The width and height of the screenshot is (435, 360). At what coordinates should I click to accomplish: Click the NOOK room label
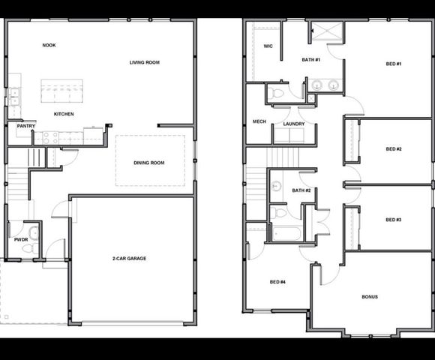[49, 45]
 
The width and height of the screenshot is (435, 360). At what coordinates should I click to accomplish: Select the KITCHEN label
[64, 114]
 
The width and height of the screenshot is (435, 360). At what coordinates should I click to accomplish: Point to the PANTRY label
[26, 126]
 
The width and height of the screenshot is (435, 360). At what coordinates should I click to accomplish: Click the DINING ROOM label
[148, 162]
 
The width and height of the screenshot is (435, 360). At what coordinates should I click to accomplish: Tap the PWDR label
[20, 239]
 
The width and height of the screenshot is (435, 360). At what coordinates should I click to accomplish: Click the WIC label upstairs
[268, 46]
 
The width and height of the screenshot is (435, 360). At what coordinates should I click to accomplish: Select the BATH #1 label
[311, 59]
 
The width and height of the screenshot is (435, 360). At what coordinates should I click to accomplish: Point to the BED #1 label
[394, 64]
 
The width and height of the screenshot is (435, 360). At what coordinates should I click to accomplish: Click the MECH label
[259, 121]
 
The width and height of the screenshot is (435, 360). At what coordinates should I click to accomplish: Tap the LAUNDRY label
[293, 124]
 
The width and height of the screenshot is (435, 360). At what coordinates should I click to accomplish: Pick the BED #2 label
[394, 149]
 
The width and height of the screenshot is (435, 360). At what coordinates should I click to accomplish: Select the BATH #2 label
[301, 190]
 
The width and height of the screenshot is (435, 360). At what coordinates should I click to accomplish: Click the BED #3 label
[394, 220]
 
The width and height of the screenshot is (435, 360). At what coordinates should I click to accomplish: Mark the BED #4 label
[277, 282]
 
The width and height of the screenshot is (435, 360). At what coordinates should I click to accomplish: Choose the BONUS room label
[370, 297]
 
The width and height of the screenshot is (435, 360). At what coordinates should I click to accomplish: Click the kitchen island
[61, 91]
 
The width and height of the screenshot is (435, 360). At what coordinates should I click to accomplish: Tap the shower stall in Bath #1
[326, 31]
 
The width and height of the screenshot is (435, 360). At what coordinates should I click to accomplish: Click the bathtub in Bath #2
[286, 233]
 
